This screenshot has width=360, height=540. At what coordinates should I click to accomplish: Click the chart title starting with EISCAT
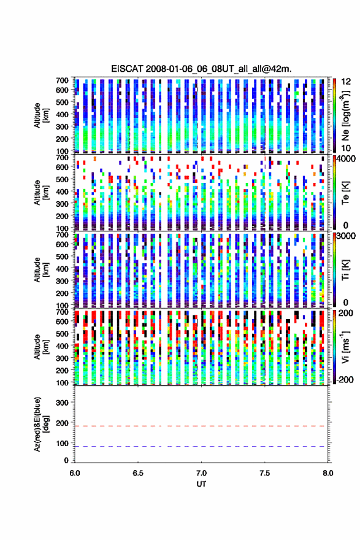tap(201, 69)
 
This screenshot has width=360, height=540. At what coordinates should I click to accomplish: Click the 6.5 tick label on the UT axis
tap(138, 473)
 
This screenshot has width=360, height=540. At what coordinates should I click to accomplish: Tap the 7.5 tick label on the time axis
tap(265, 473)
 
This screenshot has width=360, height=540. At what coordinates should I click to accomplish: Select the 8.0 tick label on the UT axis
tap(328, 473)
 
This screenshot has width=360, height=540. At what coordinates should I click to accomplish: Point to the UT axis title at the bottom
tap(201, 484)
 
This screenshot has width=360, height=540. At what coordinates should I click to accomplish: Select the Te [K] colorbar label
tap(345, 193)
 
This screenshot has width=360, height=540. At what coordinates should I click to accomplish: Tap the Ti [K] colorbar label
tap(345, 269)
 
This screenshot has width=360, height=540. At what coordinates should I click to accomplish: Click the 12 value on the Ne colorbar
tap(347, 82)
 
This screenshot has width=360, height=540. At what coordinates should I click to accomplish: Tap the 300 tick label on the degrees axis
tap(62, 403)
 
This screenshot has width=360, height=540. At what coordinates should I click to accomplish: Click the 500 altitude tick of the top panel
tap(62, 102)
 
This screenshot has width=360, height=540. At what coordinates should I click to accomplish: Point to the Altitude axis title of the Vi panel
tap(41, 347)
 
